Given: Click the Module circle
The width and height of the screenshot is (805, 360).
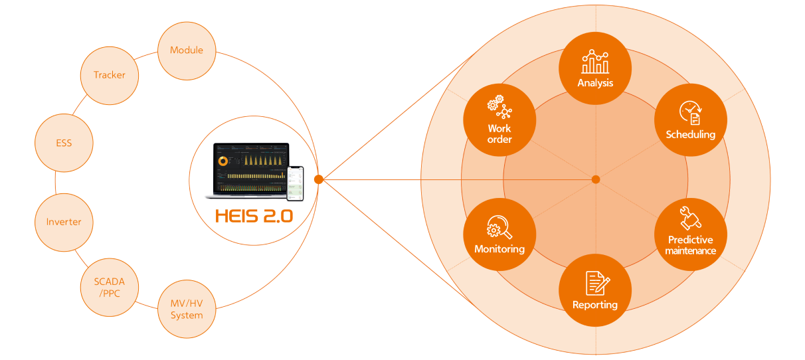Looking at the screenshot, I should tap(187, 50).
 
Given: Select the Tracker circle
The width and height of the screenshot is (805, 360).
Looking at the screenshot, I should tap(110, 75).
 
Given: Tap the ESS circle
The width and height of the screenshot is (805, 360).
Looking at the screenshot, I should tap(64, 143).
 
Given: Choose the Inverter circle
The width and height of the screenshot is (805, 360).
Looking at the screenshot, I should tap(64, 222).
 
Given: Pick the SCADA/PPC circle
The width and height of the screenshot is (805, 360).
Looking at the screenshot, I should tap(110, 287).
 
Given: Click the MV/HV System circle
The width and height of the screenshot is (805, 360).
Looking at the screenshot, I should tap(187, 310).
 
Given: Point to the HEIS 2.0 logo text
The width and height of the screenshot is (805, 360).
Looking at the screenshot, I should tap(253, 217).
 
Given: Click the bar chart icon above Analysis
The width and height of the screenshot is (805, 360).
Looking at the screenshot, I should tap(595, 62).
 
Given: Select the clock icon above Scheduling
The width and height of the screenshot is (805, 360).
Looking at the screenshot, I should tap(691, 113).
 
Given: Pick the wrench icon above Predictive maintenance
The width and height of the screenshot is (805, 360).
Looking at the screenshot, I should tap(691, 219).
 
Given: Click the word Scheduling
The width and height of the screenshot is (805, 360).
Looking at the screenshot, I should tap(691, 135).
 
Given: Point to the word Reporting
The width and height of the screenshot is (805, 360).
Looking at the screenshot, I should tap(595, 305).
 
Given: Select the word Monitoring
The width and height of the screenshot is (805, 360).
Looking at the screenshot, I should tap(499, 249).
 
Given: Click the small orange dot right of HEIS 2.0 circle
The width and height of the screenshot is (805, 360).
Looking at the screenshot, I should tap(319, 179).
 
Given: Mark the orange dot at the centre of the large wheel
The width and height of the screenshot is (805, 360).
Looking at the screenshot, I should tap(596, 179).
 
